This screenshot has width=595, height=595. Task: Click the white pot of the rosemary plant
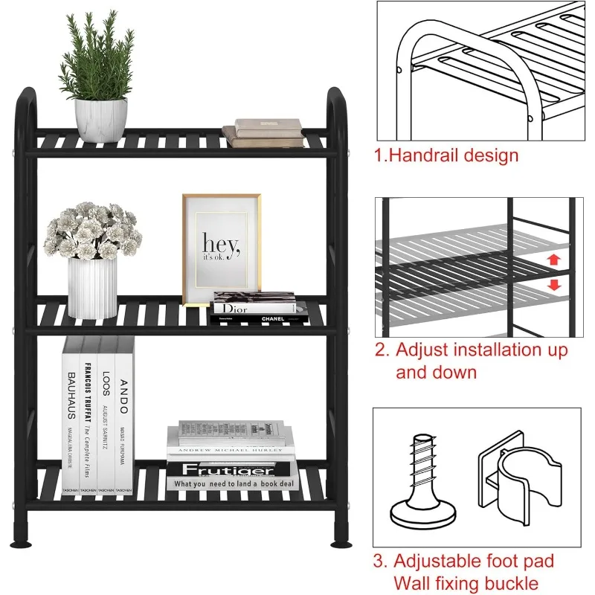point(100,119)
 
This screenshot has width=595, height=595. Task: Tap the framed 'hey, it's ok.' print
point(222,249)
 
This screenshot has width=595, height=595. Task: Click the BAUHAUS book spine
point(71,416)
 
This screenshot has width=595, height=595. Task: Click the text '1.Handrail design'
point(446,156)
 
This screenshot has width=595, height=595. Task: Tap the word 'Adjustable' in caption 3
point(442,561)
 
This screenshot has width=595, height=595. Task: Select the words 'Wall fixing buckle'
point(466,584)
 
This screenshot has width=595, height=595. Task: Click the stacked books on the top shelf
point(264,132)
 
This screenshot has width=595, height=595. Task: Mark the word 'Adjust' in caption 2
point(425,350)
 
